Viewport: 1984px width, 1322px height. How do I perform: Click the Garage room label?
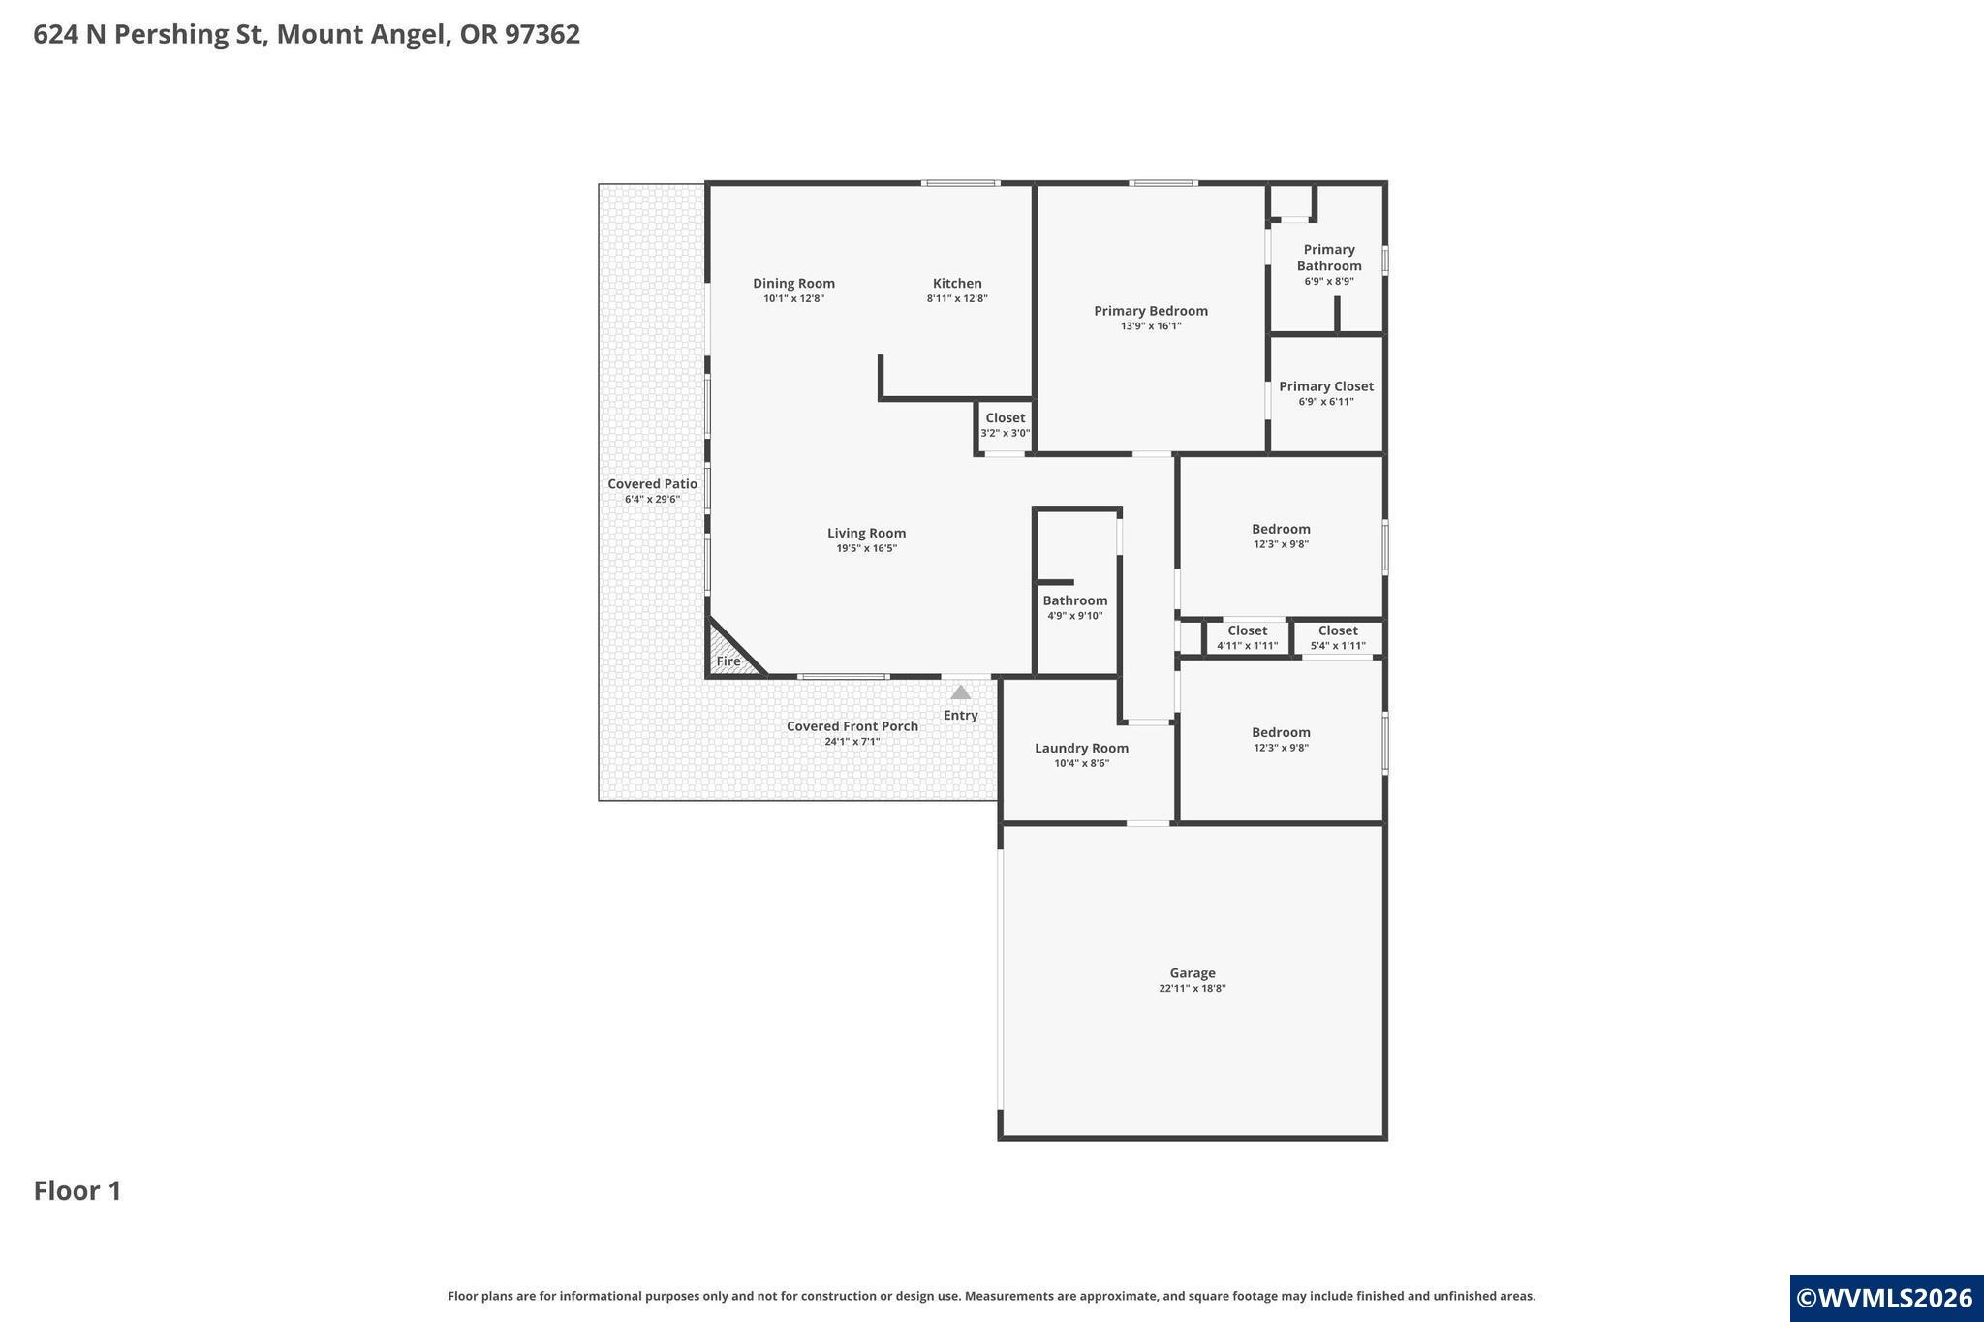coord(1192,973)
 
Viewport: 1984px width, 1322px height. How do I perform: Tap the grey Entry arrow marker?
coord(960,692)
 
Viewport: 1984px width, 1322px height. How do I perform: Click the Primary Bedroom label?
coord(1151,311)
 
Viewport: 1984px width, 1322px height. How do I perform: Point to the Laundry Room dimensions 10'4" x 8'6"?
coord(1081,763)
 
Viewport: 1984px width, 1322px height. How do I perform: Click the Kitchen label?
coord(957,284)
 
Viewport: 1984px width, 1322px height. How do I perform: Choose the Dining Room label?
coord(793,284)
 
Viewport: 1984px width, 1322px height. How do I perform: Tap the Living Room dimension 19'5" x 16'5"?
coord(867,548)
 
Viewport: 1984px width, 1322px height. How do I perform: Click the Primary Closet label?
coord(1326,386)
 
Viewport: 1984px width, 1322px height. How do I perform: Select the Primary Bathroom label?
coord(1329,258)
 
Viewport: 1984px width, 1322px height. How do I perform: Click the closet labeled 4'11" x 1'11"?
coord(1247,638)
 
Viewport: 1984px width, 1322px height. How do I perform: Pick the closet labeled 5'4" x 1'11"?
coord(1338,638)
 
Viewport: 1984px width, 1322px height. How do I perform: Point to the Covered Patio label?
coord(652,484)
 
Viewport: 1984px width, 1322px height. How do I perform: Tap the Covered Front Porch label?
coord(852,726)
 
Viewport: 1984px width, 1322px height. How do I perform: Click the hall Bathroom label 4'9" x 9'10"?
coord(1075,607)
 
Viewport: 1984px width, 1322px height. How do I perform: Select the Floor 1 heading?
coord(77,1190)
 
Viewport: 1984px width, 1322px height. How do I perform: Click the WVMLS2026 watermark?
coord(1884,1298)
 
